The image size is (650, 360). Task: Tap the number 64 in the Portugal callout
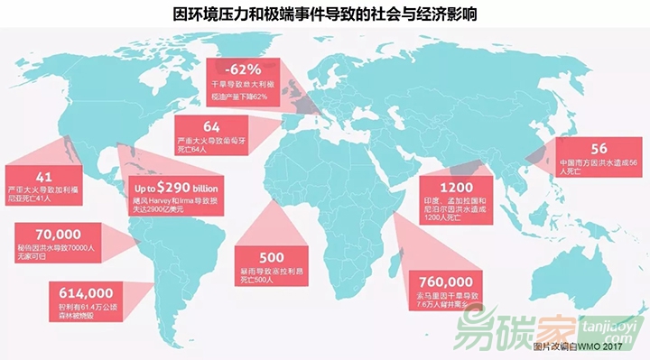(211, 125)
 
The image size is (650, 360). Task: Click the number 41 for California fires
(41, 177)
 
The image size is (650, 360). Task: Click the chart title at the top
(324, 14)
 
